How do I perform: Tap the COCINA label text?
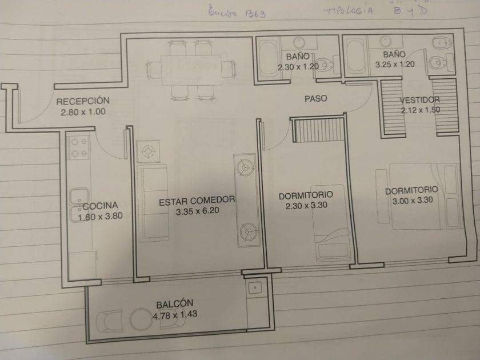[x=101, y=206]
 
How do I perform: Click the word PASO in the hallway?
[x=315, y=98]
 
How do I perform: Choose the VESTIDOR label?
[x=420, y=100]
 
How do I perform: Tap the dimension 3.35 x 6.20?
[x=197, y=211]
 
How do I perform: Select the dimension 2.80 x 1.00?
[x=83, y=112]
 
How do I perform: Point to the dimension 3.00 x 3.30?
[x=411, y=201]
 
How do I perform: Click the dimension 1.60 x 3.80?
[x=100, y=216]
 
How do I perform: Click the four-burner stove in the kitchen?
[x=79, y=146]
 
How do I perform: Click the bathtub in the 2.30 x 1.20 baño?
[x=266, y=57]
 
